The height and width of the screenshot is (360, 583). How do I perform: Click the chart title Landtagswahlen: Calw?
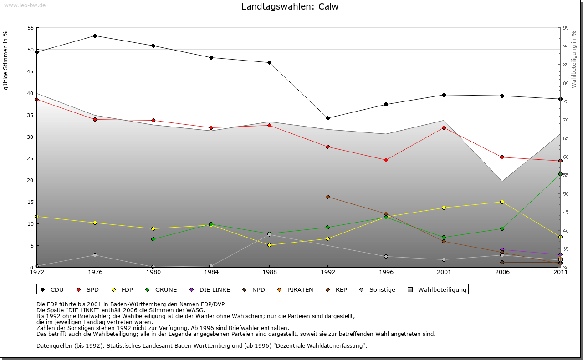(290, 7)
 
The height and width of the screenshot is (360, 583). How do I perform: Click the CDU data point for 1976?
(95, 35)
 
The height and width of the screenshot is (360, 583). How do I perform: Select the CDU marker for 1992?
(327, 118)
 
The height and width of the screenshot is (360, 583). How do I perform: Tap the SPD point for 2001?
(444, 127)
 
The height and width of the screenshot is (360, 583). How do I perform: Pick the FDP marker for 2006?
(502, 202)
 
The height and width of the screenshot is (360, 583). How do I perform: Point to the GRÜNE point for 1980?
(153, 239)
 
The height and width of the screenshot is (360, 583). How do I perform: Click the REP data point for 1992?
(327, 197)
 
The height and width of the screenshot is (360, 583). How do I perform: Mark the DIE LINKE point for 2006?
(502, 250)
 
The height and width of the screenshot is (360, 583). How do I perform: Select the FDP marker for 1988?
(269, 245)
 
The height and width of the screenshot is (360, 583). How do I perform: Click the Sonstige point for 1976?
(95, 255)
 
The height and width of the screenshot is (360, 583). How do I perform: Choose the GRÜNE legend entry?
(161, 289)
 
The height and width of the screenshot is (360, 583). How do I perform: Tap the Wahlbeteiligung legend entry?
(437, 289)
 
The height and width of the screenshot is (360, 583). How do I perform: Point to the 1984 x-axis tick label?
(211, 272)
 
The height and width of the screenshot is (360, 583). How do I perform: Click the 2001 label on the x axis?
(444, 272)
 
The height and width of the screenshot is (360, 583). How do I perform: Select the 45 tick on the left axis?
(31, 71)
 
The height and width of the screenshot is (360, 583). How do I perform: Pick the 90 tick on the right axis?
(565, 46)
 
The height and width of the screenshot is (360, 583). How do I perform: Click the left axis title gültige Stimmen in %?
(6, 60)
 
